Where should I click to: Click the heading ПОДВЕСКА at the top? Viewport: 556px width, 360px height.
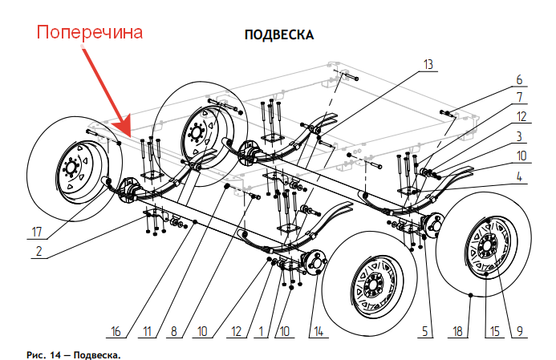(x=278, y=36)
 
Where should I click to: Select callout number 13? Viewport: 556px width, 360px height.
(x=428, y=63)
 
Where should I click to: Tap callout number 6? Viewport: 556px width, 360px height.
(x=519, y=79)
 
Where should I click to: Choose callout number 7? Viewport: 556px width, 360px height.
(x=519, y=97)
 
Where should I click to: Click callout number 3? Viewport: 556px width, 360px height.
(x=519, y=136)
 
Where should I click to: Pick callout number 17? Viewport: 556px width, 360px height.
(x=37, y=233)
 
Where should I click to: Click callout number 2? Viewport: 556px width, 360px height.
(x=37, y=252)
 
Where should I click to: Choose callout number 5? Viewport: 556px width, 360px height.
(x=427, y=330)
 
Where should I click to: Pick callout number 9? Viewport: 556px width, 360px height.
(x=519, y=330)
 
